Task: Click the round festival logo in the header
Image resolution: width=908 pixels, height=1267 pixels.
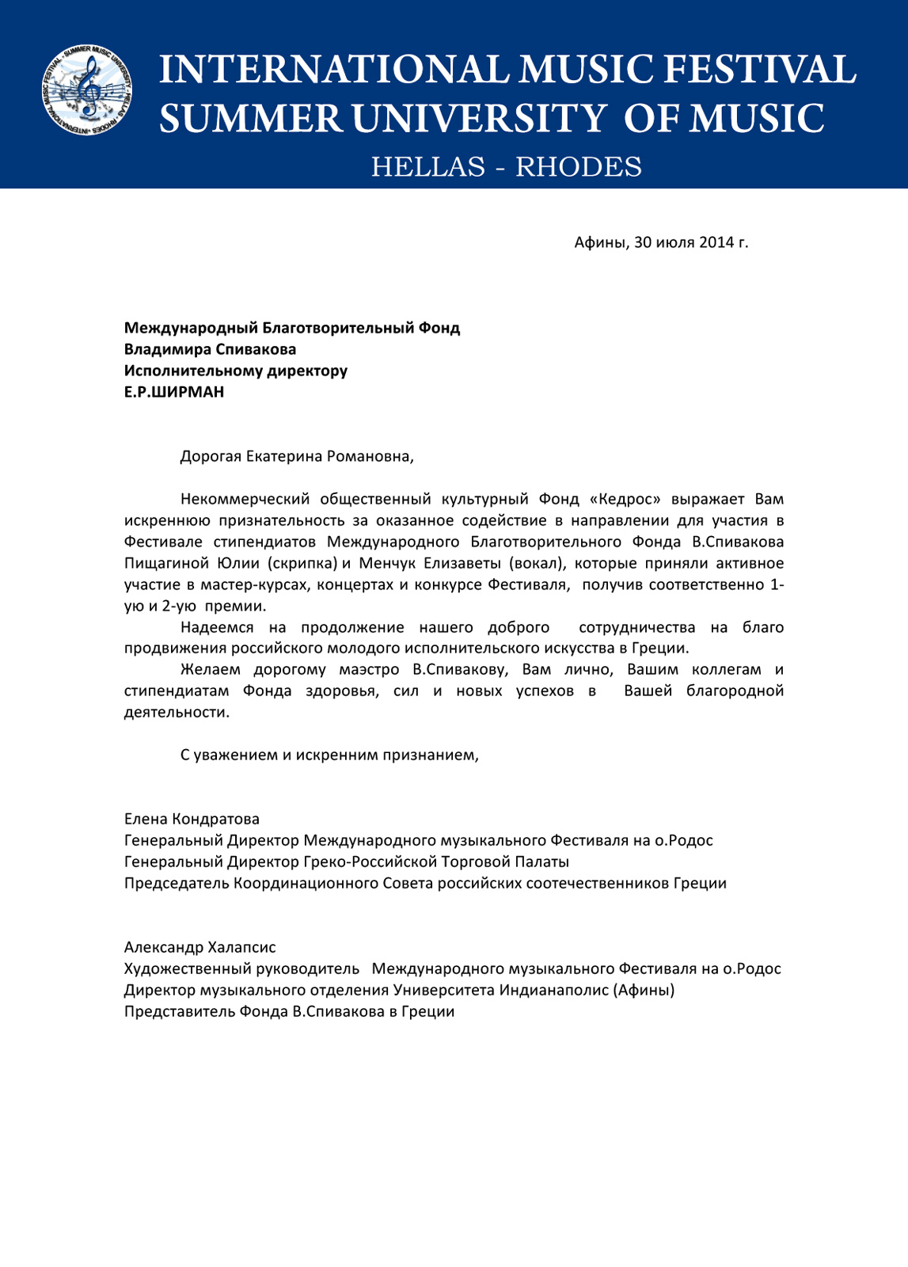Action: (x=86, y=90)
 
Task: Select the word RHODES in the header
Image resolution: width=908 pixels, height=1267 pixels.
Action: (x=579, y=167)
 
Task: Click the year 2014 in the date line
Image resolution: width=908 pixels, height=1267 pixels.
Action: (x=716, y=242)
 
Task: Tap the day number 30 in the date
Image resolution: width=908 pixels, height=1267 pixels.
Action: (x=643, y=242)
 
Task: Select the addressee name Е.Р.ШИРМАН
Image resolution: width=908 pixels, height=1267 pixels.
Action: (x=174, y=392)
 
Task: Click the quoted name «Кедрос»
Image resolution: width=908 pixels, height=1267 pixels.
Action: (x=625, y=499)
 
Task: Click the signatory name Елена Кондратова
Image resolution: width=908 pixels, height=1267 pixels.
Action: (x=192, y=819)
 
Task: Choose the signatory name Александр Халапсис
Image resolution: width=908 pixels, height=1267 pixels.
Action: (x=199, y=947)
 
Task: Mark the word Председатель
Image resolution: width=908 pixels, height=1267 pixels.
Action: (x=177, y=883)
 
